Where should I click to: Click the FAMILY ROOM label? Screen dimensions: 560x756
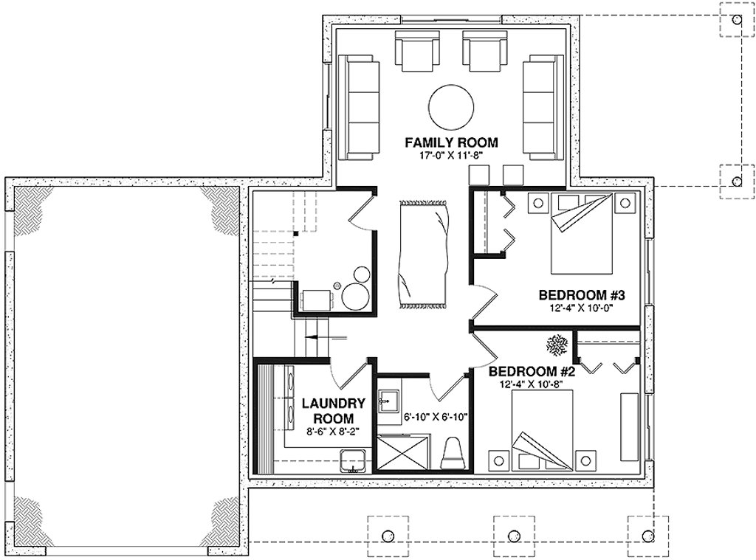(451, 142)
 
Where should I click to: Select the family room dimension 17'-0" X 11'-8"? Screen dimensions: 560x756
(451, 156)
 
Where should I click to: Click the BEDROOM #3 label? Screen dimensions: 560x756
(582, 296)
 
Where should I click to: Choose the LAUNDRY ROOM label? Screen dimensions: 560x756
(334, 410)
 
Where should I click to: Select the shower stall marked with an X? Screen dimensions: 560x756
(404, 452)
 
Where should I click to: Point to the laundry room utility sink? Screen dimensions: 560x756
(354, 460)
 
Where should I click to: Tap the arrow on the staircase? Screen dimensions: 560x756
(325, 337)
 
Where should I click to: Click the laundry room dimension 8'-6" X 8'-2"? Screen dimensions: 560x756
(334, 433)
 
